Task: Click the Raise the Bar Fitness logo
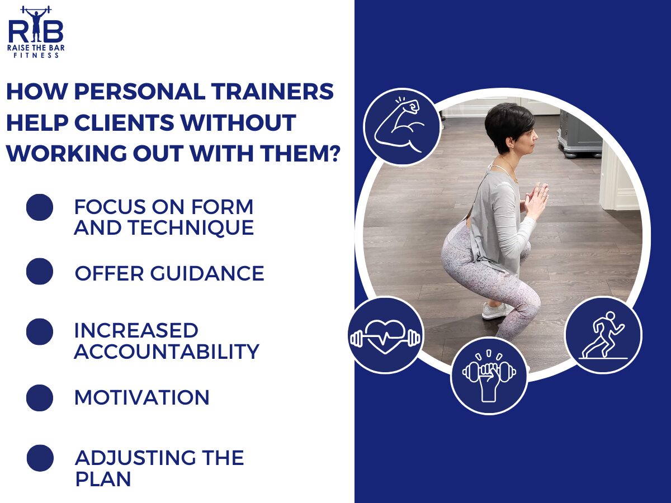point(36,31)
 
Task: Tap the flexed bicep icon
point(402,127)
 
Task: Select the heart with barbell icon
point(385,335)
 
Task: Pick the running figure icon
point(603,335)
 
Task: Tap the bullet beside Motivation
point(40,397)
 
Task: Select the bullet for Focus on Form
point(40,207)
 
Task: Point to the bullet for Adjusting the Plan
point(40,458)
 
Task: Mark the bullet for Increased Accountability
point(40,331)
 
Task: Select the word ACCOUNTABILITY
point(167,352)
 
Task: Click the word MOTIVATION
point(142,397)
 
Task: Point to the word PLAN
point(103,479)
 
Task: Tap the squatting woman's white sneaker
point(495,310)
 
